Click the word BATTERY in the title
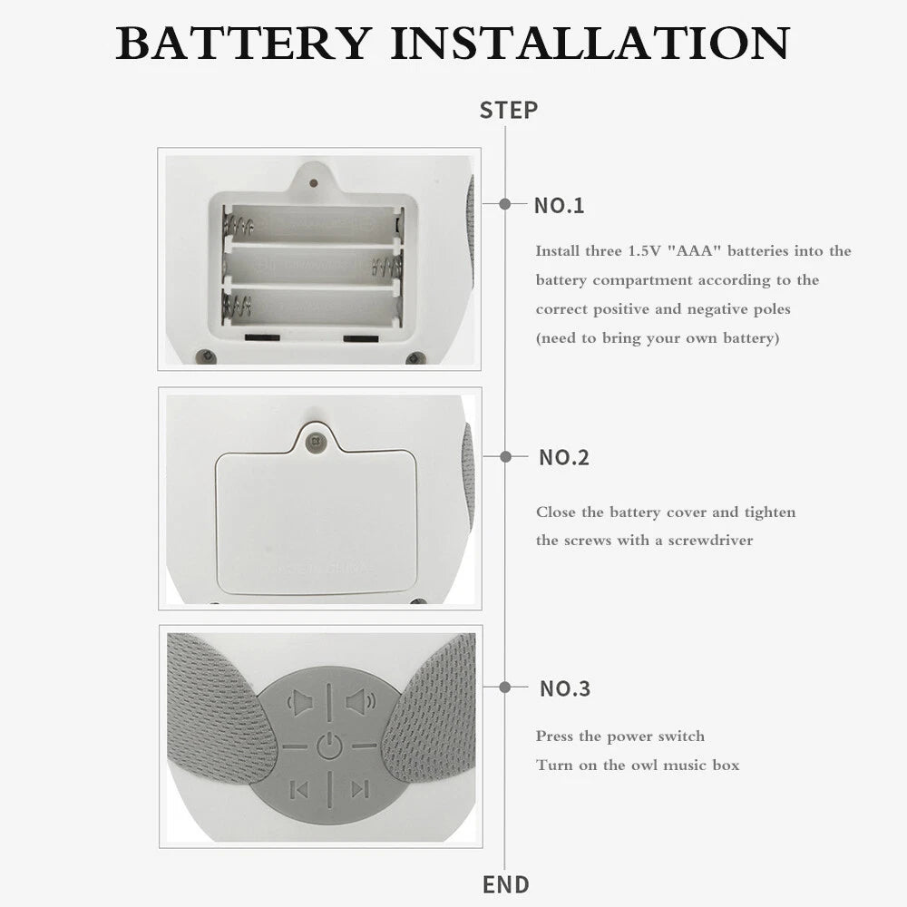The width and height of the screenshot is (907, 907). pyautogui.click(x=243, y=43)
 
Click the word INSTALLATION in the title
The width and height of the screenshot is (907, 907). pyautogui.click(x=590, y=43)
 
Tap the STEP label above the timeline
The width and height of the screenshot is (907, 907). pyautogui.click(x=509, y=110)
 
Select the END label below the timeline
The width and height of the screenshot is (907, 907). pyautogui.click(x=506, y=884)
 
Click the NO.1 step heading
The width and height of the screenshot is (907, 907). pyautogui.click(x=559, y=205)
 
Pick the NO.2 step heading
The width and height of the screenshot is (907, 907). pyautogui.click(x=564, y=457)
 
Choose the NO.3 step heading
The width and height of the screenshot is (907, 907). pyautogui.click(x=565, y=688)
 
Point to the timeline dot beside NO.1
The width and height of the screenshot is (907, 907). pyautogui.click(x=505, y=203)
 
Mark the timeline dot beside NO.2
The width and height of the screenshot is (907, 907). pyautogui.click(x=505, y=457)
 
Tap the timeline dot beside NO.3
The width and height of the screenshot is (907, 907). pyautogui.click(x=505, y=688)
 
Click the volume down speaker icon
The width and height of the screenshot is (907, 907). pyautogui.click(x=300, y=703)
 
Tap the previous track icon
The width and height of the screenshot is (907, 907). pyautogui.click(x=299, y=790)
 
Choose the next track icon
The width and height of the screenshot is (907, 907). pyautogui.click(x=360, y=788)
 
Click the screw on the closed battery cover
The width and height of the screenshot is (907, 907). pyautogui.click(x=316, y=443)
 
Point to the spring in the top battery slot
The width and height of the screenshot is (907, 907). pyautogui.click(x=239, y=225)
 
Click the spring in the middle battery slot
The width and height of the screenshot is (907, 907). pyautogui.click(x=387, y=268)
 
